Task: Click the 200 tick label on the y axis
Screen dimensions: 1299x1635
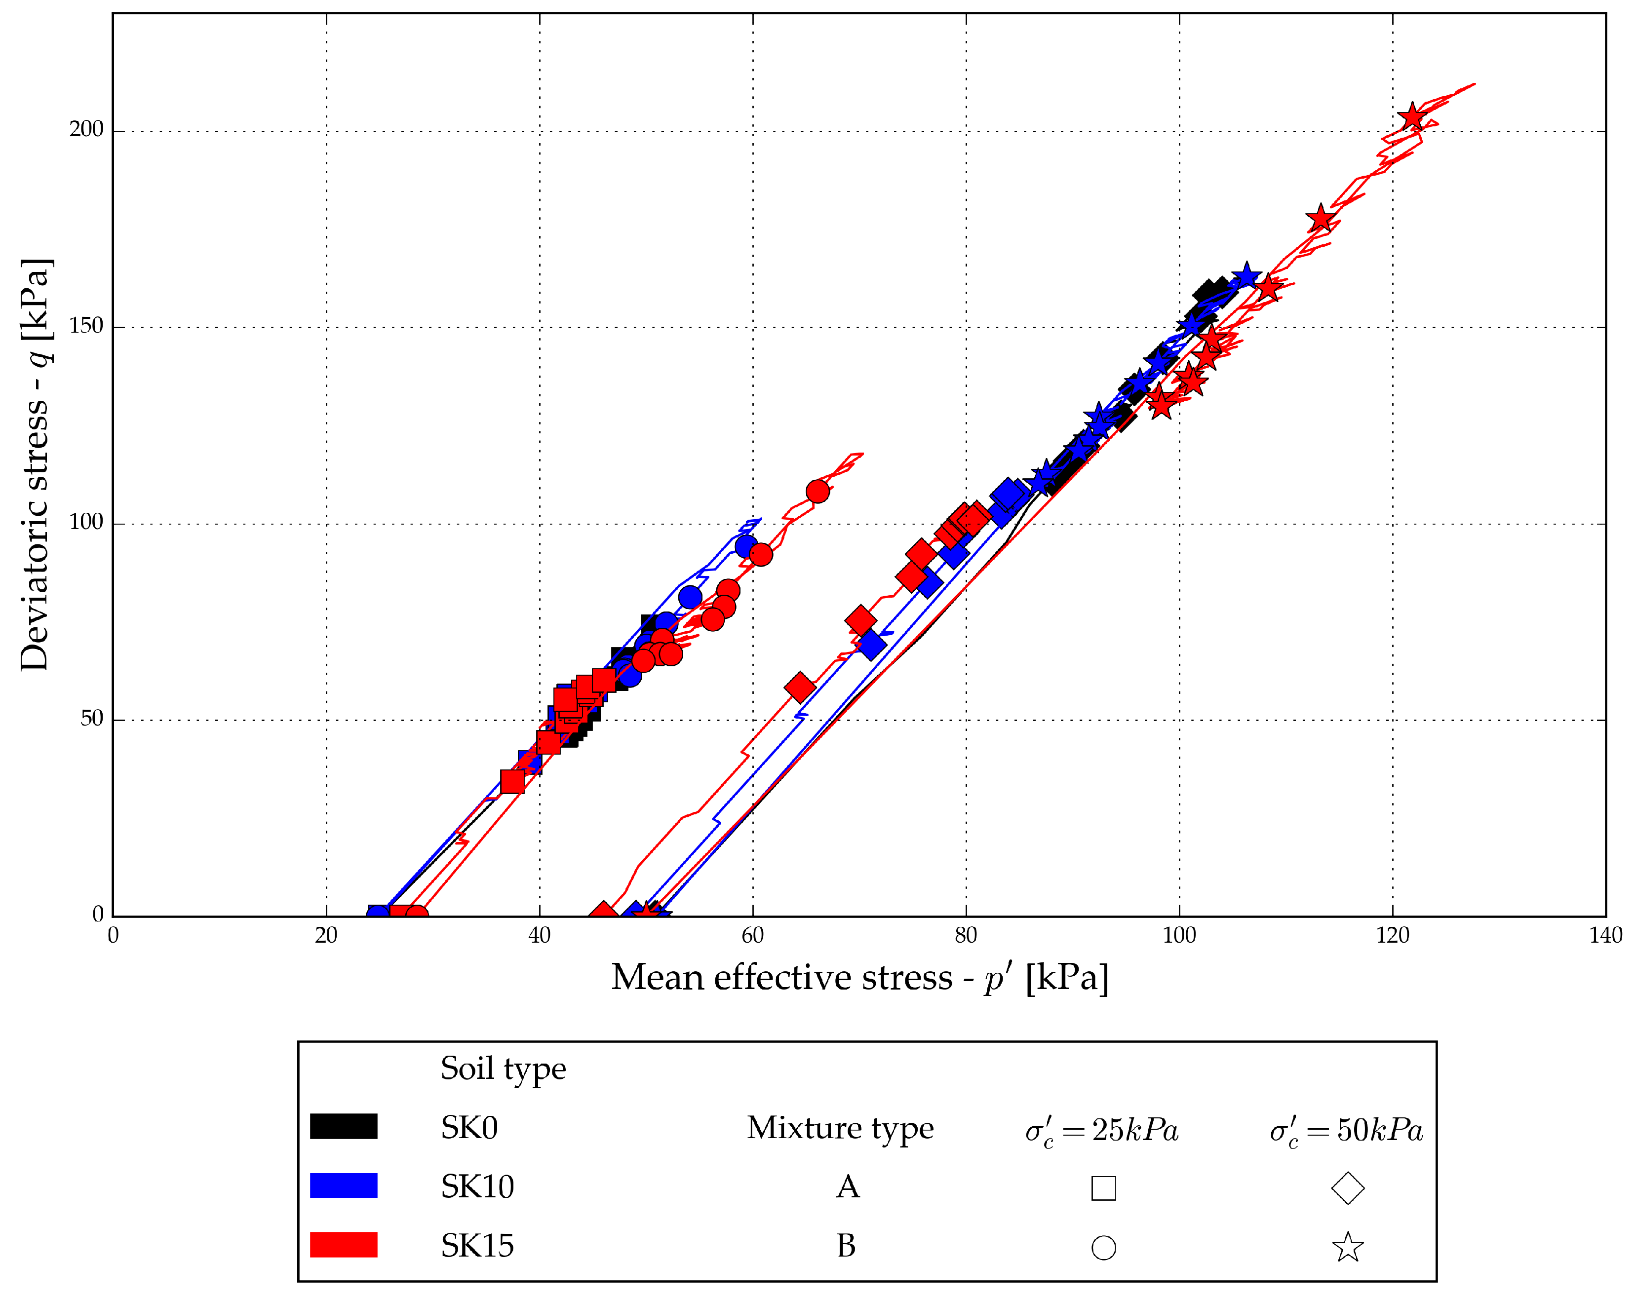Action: [x=86, y=130]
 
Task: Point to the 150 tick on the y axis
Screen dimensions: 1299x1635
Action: [x=86, y=326]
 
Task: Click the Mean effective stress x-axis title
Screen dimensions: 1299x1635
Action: [x=859, y=978]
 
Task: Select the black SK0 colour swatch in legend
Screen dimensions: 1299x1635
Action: [x=344, y=1126]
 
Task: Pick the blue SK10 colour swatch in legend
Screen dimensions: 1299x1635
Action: [x=344, y=1185]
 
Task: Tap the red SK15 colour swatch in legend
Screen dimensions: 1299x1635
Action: [x=344, y=1244]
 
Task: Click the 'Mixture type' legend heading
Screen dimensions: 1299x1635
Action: [x=840, y=1128]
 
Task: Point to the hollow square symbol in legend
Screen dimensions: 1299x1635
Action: [x=1103, y=1187]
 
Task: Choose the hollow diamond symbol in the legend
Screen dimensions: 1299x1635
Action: [x=1348, y=1187]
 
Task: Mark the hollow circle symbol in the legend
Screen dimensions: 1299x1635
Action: [x=1103, y=1248]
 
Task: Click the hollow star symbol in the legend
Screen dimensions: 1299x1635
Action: [x=1348, y=1248]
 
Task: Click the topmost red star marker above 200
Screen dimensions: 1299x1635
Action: [x=1412, y=117]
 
